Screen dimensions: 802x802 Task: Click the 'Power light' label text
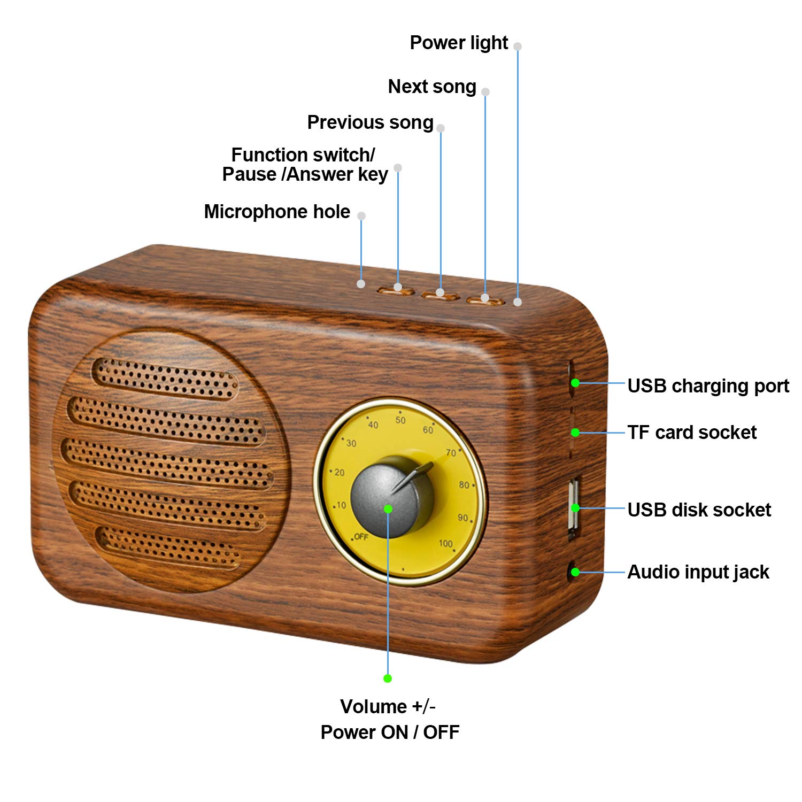(x=459, y=43)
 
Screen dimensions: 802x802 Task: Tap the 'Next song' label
(x=432, y=87)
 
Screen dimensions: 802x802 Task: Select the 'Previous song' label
(x=370, y=122)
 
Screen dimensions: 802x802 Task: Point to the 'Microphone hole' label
(x=277, y=212)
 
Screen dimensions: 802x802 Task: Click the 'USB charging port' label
(x=708, y=386)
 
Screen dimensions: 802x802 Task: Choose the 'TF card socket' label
(x=692, y=433)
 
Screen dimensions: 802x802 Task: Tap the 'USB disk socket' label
(x=699, y=510)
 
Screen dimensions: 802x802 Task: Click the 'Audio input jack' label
(x=698, y=572)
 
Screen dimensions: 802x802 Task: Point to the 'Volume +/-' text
(x=388, y=707)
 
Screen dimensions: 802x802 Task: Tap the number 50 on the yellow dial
(x=400, y=420)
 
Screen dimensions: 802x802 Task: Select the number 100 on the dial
(x=445, y=543)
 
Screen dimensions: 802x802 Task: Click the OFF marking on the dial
(x=361, y=537)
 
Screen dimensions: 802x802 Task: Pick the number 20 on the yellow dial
(x=340, y=473)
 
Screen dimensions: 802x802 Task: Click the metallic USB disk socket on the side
(x=573, y=508)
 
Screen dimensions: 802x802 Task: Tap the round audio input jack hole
(x=572, y=572)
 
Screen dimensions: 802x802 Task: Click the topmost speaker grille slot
(x=166, y=379)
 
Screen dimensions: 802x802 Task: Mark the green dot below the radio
(x=388, y=678)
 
